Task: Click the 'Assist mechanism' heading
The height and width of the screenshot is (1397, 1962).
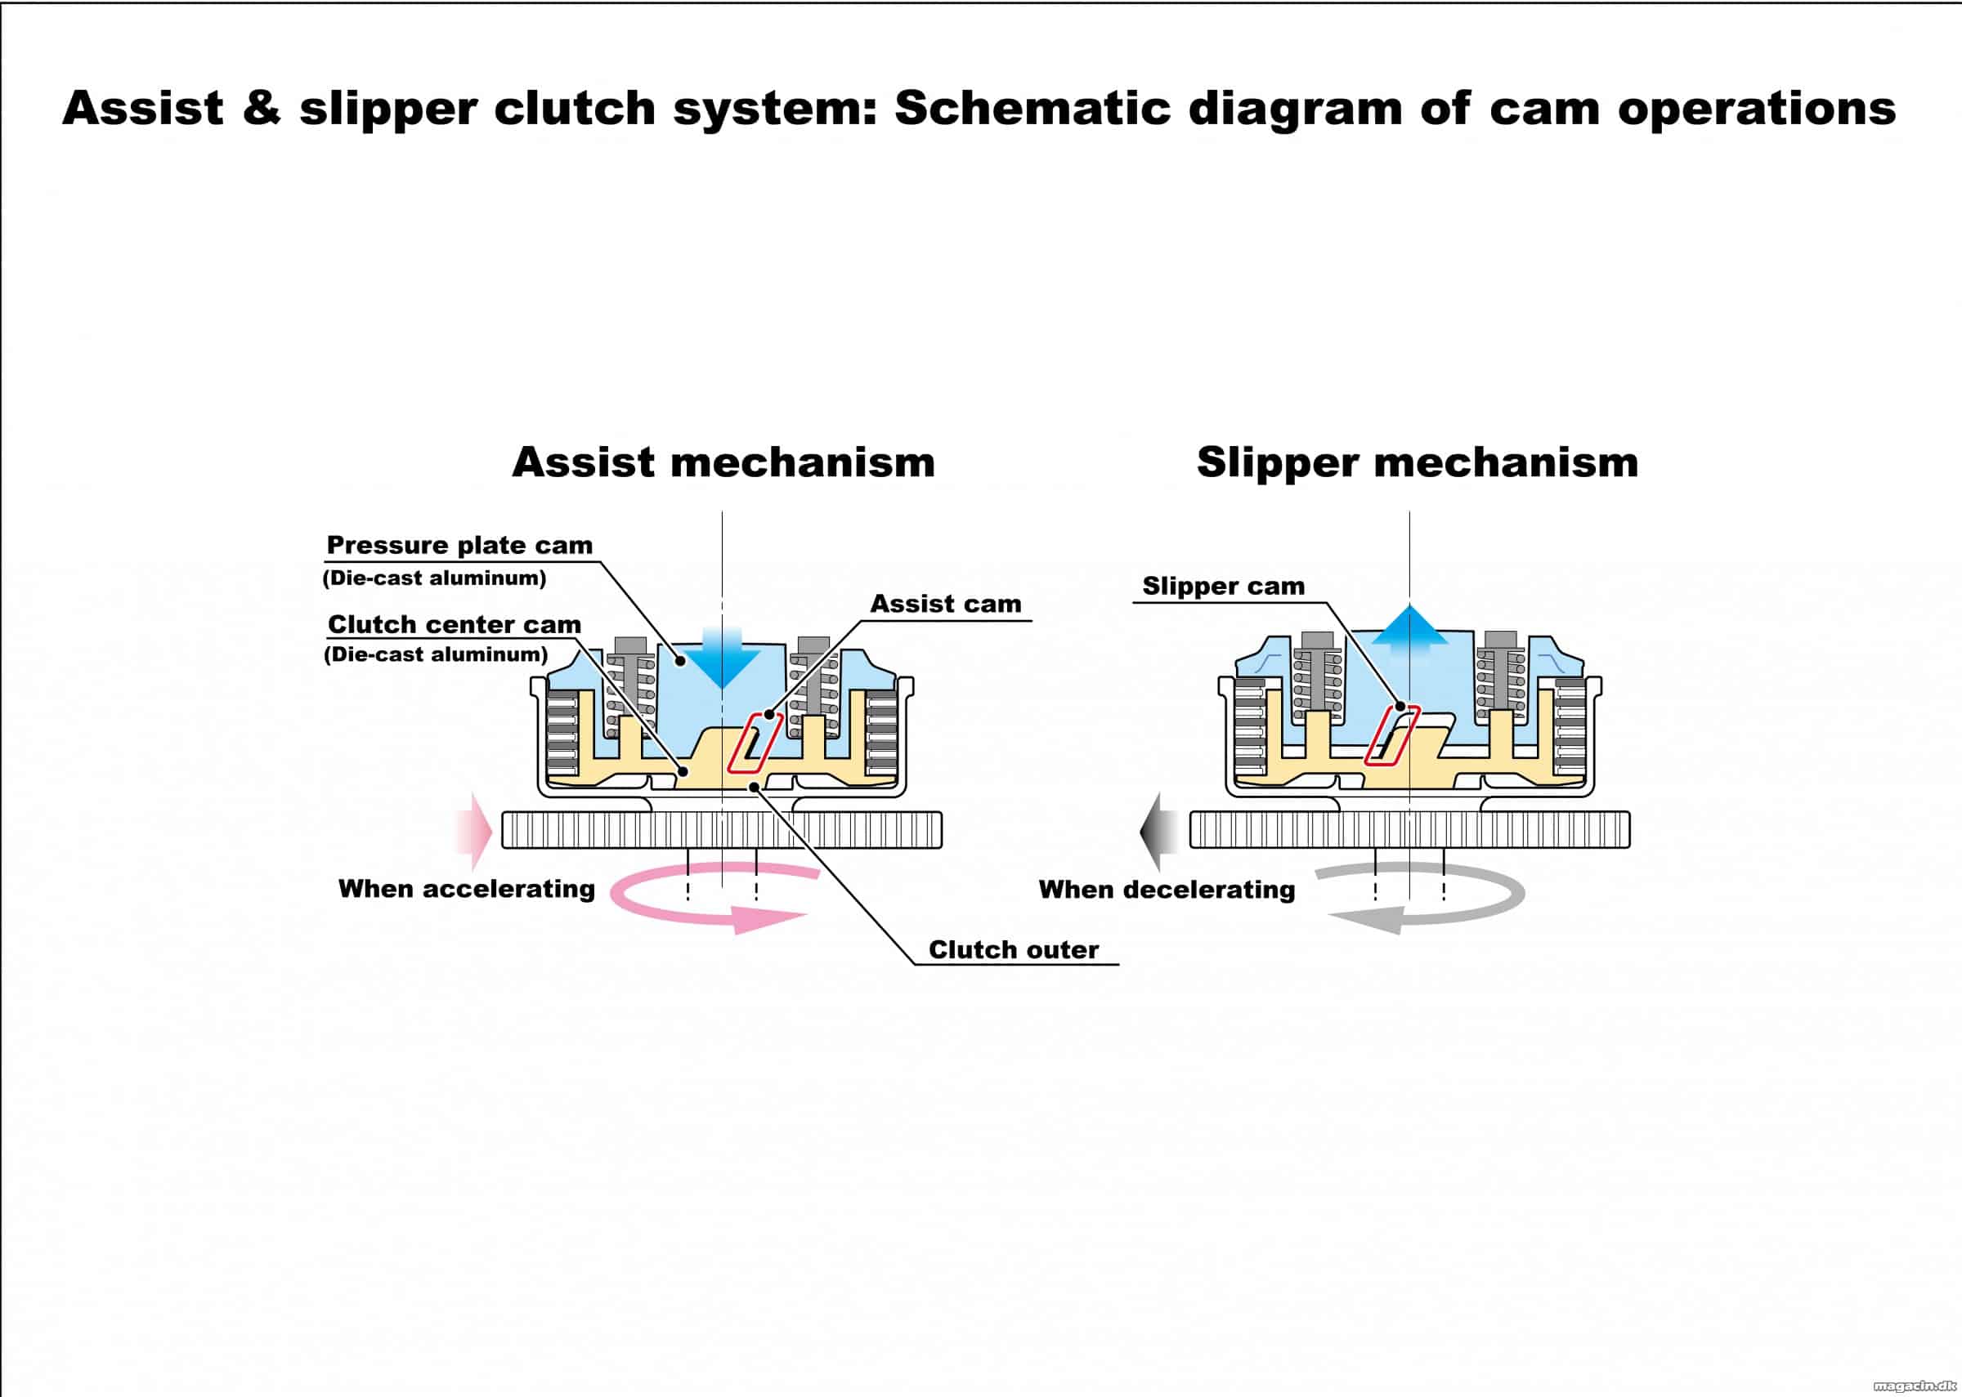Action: [723, 462]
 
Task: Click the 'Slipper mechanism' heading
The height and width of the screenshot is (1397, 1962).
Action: [1418, 462]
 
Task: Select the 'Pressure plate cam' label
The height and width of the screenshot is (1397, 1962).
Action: [459, 546]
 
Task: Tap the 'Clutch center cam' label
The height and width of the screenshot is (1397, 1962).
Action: [455, 623]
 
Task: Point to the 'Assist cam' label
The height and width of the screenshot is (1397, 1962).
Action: [946, 604]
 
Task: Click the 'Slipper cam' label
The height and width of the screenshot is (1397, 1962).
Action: [1223, 586]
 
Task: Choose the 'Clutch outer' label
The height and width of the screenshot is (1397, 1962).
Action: [1014, 949]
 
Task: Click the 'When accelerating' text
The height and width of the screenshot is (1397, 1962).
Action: [467, 889]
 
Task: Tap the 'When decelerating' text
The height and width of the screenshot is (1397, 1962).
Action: [1167, 890]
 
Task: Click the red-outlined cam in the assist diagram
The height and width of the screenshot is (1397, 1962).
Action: [755, 743]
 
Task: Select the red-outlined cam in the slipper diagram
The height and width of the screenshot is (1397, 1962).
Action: [1391, 734]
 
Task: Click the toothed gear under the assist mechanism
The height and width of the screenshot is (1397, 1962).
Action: [722, 830]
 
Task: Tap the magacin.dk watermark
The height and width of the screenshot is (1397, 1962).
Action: [1911, 1385]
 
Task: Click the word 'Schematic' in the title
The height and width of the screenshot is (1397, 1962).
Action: [1033, 109]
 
